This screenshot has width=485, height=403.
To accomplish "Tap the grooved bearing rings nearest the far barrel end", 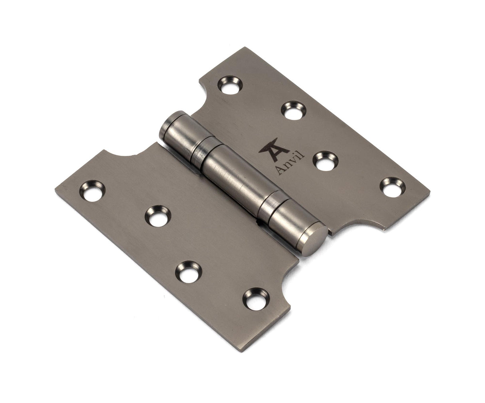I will pos(200,146).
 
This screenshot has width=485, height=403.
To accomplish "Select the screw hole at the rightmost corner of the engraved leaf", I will pos(390,187).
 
